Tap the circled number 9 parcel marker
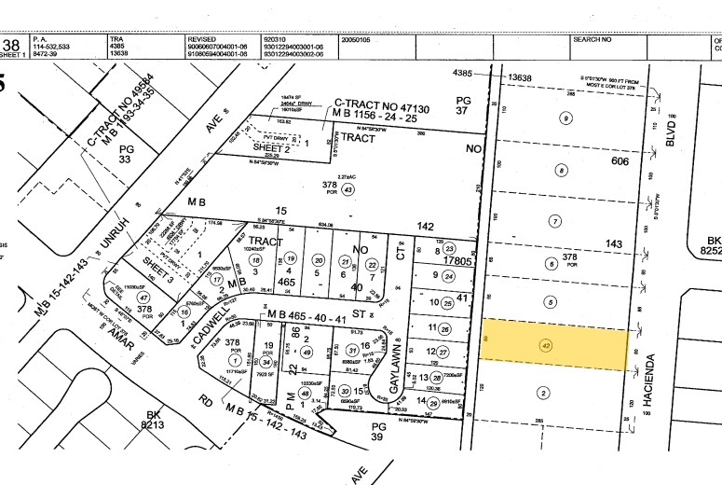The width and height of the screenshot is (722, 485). (x=565, y=118)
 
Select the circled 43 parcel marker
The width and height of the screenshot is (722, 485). (x=347, y=190)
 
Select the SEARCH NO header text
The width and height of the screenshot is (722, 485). (x=592, y=39)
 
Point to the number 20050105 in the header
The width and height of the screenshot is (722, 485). (x=357, y=39)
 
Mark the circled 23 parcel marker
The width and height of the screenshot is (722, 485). (x=449, y=249)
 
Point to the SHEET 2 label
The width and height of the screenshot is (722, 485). (x=273, y=148)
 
